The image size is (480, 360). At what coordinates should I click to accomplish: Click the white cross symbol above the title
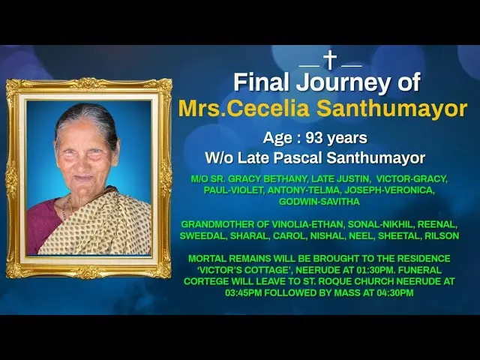coord(330,60)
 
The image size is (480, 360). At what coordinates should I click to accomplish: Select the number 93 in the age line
coord(314,138)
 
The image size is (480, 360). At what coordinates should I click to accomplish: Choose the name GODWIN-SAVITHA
coord(319,202)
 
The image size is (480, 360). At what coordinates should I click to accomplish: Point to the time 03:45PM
coord(244,293)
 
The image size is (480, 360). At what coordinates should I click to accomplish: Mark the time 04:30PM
coord(395,293)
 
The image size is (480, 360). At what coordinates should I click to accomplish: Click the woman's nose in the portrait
coord(83,161)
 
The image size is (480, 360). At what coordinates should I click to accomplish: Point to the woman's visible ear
coord(115,155)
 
